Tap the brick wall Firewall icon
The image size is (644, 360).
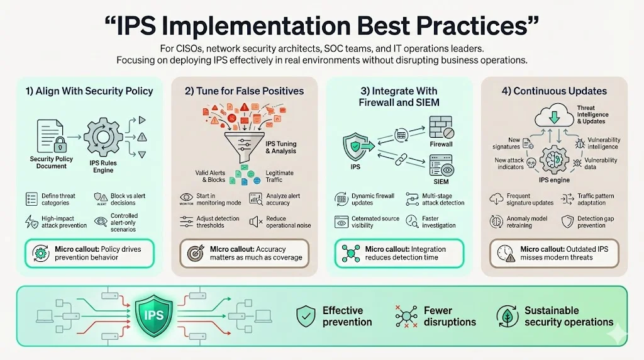click(x=441, y=127)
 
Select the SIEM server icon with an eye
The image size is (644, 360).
click(x=441, y=167)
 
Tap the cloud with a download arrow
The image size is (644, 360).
click(x=555, y=116)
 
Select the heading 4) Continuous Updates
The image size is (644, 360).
click(x=554, y=91)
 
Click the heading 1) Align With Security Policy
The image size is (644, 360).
click(x=89, y=91)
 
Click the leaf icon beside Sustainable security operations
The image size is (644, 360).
click(x=507, y=316)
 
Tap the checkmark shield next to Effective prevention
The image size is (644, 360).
click(x=306, y=316)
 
